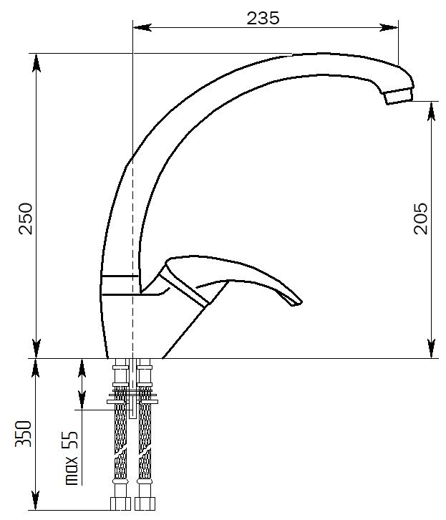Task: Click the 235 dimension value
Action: [263, 18]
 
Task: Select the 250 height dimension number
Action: [26, 218]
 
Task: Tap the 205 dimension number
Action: [421, 218]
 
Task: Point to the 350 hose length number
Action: [24, 434]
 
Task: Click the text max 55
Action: [72, 458]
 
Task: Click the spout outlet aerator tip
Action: [399, 96]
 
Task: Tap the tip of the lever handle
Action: [297, 302]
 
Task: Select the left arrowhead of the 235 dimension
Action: [142, 27]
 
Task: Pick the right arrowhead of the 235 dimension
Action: [389, 27]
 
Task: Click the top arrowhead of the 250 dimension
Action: [37, 63]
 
